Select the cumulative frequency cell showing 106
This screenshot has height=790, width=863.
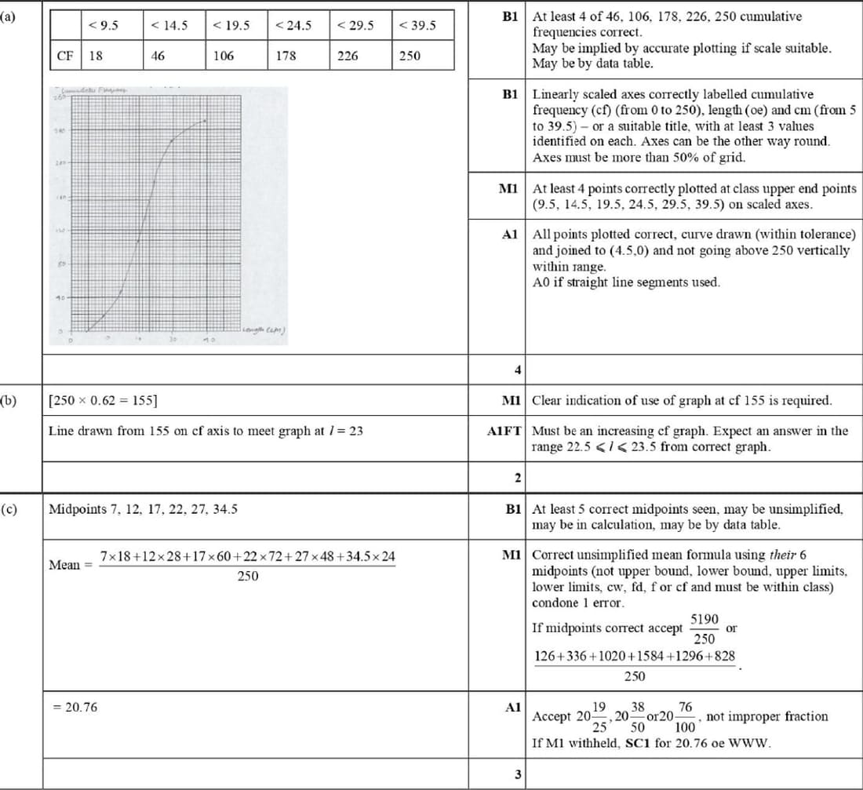pos(224,56)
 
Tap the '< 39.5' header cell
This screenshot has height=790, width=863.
pos(417,25)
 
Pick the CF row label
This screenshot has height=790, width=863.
pos(67,56)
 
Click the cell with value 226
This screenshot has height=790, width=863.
pos(348,56)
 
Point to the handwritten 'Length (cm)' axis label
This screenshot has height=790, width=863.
pos(264,329)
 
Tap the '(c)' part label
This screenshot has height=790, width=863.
pos(9,508)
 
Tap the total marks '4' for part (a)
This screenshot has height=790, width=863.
pos(518,369)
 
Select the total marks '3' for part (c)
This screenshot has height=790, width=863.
pos(518,775)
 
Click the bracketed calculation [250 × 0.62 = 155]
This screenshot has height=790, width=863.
pos(102,400)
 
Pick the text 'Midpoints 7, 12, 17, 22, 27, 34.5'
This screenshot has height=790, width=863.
pos(144,508)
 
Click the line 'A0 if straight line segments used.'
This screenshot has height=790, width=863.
pos(625,282)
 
